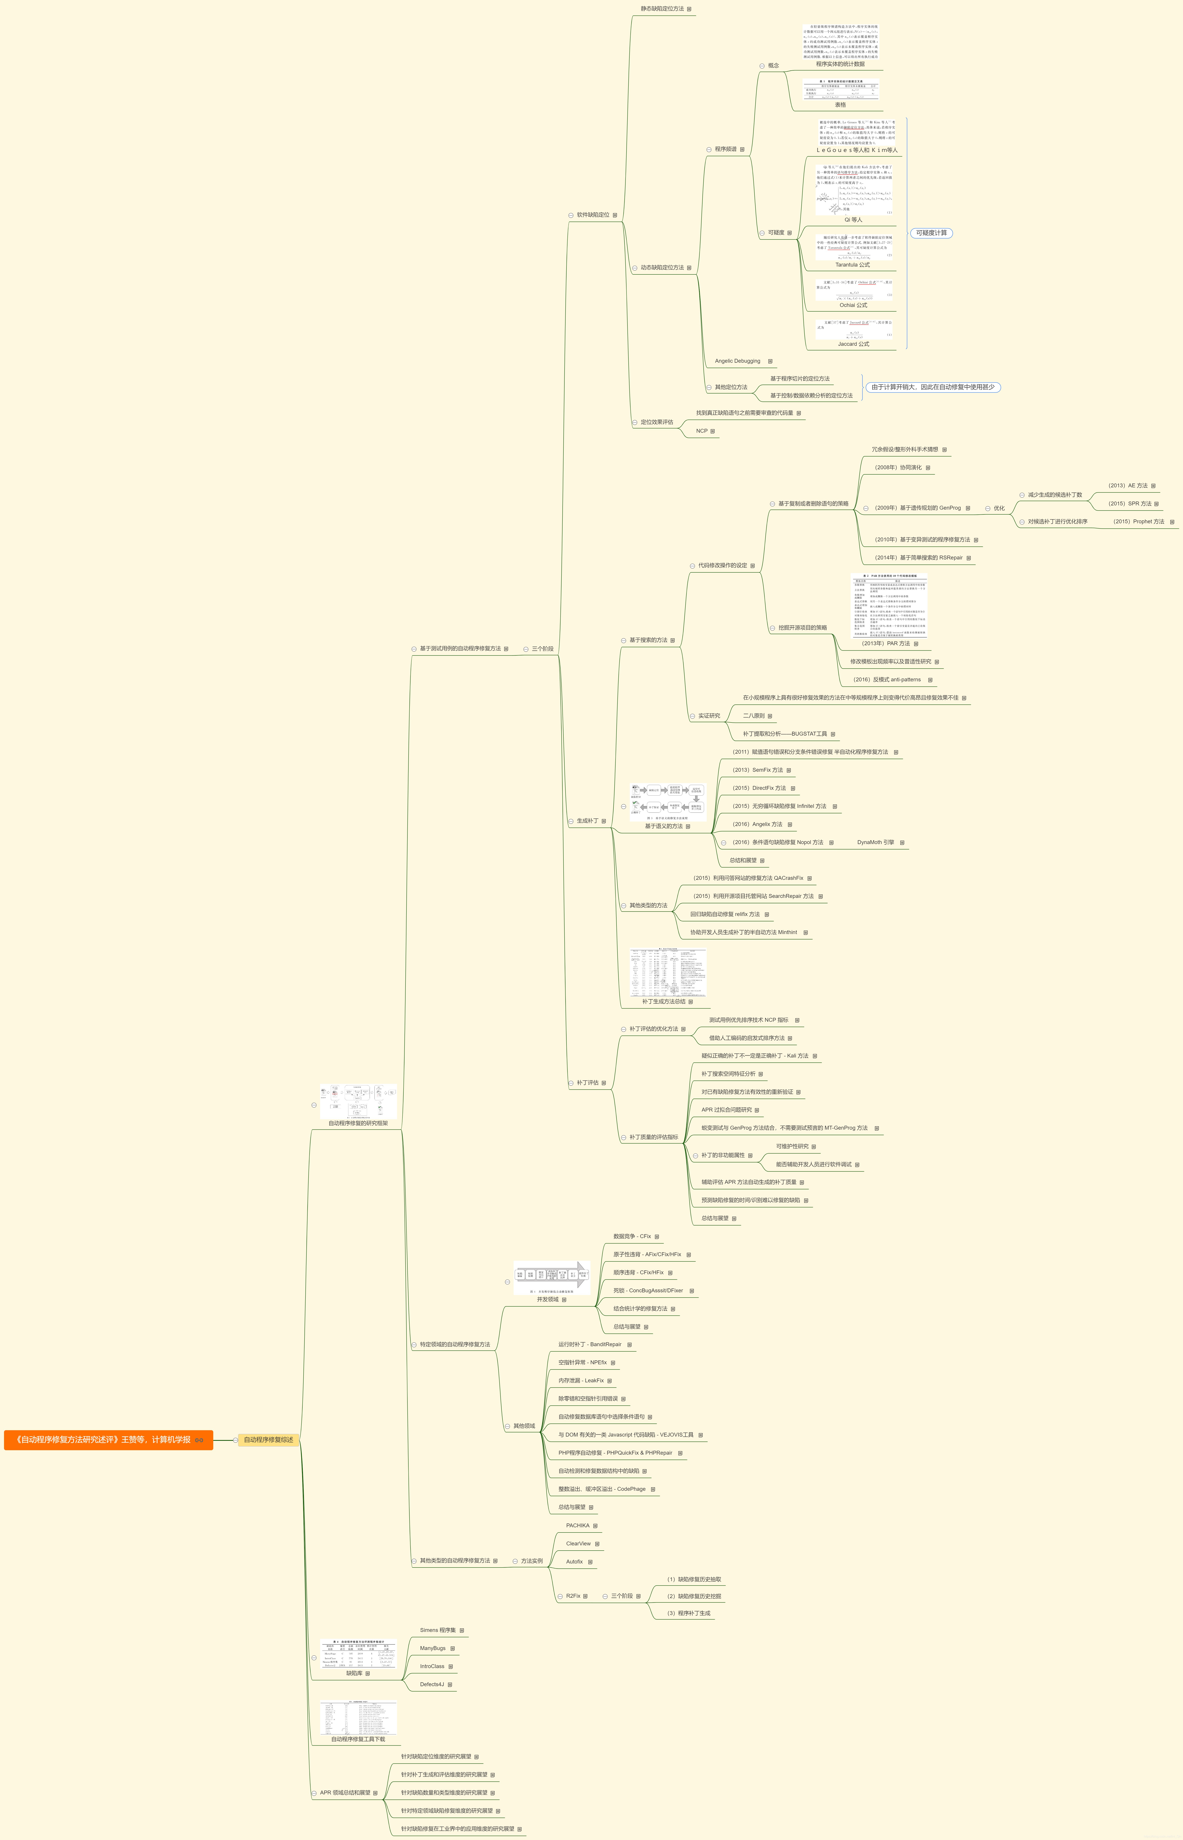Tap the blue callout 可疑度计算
[931, 233]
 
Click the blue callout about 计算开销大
[933, 387]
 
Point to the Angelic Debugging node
[737, 361]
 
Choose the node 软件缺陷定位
[593, 215]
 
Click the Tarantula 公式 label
[853, 265]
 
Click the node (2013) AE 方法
[1128, 485]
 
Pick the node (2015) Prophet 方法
[1138, 521]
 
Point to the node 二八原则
[754, 716]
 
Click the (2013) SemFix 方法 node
[758, 769]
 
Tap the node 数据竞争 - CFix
[632, 1236]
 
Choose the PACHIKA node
[578, 1525]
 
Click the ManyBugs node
[432, 1648]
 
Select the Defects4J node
[432, 1684]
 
